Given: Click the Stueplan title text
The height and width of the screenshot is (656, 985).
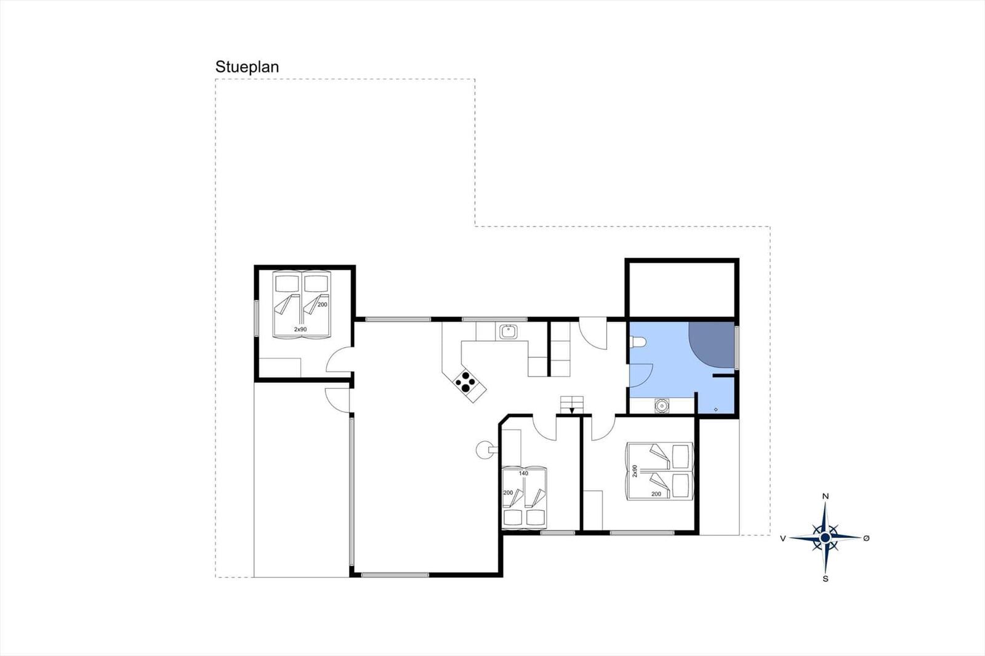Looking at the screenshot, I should click(x=247, y=67).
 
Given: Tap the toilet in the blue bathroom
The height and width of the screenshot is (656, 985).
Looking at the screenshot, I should click(x=637, y=342).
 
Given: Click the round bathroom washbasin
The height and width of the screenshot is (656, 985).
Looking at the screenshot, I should click(x=662, y=406).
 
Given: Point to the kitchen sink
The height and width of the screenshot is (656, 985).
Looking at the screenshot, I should click(x=509, y=332).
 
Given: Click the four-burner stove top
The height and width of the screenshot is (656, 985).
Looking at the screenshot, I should click(x=465, y=383).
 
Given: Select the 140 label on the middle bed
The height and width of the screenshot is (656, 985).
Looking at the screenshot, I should click(x=523, y=473).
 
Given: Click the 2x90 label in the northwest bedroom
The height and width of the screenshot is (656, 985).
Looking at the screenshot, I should click(x=300, y=329).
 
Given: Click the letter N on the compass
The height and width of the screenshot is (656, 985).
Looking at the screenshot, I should click(x=826, y=496).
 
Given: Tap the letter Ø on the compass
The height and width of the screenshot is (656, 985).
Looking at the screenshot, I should click(x=866, y=538).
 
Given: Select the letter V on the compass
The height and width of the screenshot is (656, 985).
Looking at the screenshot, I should click(x=783, y=538).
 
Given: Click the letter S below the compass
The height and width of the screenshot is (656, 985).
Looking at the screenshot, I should click(x=826, y=578).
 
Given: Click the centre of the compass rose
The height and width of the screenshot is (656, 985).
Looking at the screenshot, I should click(x=826, y=538).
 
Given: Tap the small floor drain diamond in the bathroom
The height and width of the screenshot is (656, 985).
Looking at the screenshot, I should click(x=715, y=409).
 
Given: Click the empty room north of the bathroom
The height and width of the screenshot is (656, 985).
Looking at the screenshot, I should click(x=681, y=289).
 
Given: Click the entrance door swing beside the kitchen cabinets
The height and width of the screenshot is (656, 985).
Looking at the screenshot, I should click(x=592, y=335).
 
